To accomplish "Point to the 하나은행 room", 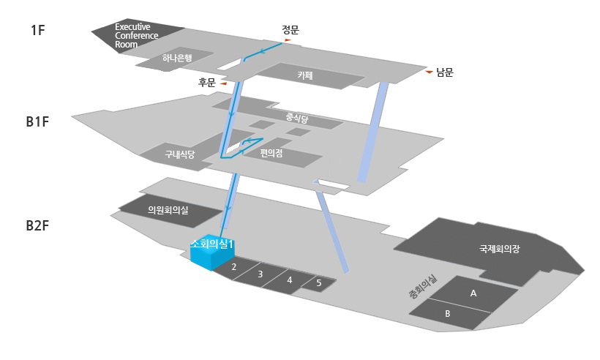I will pos(176,59).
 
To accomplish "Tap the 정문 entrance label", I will pos(290,30).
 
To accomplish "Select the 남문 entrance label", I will pos(445,72).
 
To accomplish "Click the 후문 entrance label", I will pos(207,83).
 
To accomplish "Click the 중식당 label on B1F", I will pos(297,116).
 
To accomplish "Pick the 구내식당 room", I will pos(179,154).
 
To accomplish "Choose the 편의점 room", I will pos(271,153).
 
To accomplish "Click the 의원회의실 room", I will pos(168,210).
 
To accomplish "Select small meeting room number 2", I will pos(233,267).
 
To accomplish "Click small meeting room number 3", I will pos(260,274).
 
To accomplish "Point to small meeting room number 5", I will pos(318,282).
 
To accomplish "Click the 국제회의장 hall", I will pos(499,249).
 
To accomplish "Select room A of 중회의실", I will pos(473,293).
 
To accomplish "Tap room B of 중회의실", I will pos(448,314).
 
